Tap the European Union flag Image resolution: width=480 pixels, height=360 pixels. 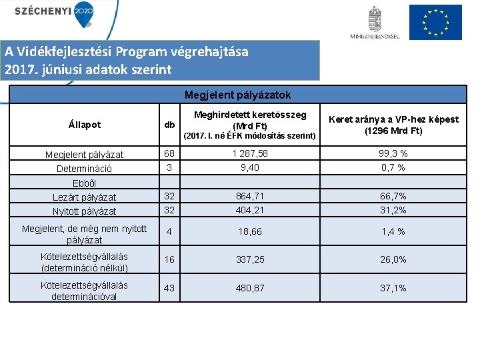435,22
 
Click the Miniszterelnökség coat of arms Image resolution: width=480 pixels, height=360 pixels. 375,19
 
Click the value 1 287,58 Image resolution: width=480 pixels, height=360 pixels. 250,154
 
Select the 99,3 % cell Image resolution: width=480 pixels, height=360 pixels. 393,154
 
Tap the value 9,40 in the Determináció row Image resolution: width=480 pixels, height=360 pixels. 250,167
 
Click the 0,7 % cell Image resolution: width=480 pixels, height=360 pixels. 393,167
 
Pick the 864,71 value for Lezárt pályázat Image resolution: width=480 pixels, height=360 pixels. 250,197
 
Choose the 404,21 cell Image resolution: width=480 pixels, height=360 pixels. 250,210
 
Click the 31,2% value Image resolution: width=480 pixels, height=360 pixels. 393,210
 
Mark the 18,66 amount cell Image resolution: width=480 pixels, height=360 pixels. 250,231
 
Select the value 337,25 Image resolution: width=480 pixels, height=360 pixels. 250,259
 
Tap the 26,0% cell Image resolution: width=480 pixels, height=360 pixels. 393,259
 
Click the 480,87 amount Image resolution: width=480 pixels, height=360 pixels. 250,288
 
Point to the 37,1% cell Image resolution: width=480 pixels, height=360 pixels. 393,288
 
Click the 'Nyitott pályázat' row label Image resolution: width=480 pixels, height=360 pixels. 85,211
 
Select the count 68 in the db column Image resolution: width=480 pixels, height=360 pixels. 170,154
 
